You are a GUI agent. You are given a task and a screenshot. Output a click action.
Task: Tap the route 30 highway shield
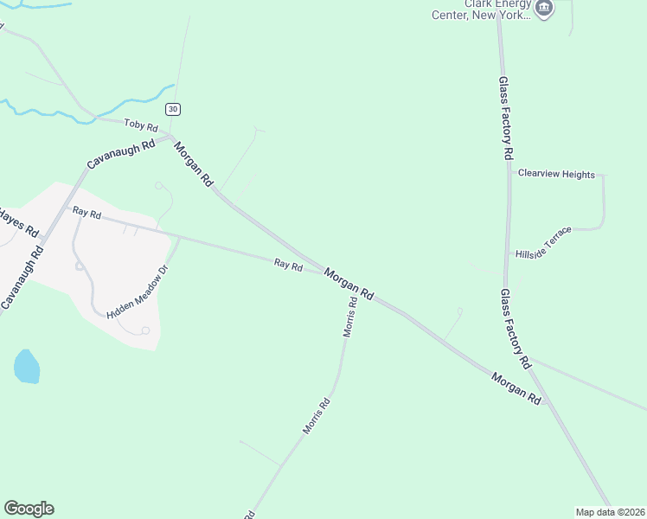pyautogui.click(x=174, y=108)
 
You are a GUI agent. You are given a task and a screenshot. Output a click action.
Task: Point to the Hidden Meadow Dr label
pyautogui.click(x=137, y=292)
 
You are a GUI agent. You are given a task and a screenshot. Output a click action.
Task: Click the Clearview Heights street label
pyautogui.click(x=556, y=174)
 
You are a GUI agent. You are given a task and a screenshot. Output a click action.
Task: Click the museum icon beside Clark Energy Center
pyautogui.click(x=544, y=10)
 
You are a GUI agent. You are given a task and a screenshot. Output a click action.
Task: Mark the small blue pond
pyautogui.click(x=27, y=367)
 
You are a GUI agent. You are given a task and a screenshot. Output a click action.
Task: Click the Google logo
pyautogui.click(x=29, y=509)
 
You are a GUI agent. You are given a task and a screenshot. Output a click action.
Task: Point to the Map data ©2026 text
pyautogui.click(x=610, y=511)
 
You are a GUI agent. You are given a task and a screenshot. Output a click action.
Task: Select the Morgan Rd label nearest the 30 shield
pyautogui.click(x=193, y=164)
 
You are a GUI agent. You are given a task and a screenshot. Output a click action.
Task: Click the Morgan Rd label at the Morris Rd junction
pyautogui.click(x=349, y=284)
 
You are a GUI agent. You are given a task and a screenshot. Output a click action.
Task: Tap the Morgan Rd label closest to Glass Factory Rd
pyautogui.click(x=516, y=388)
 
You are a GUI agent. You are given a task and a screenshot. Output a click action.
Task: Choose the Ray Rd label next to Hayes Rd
pyautogui.click(x=87, y=212)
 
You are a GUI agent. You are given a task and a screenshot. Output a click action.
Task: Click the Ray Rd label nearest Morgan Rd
pyautogui.click(x=288, y=266)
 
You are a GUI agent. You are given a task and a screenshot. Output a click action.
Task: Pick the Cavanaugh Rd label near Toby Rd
pyautogui.click(x=120, y=153)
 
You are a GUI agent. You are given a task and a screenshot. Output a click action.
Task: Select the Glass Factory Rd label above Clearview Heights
pyautogui.click(x=506, y=117)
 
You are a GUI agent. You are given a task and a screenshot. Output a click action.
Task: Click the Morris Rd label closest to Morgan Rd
pyautogui.click(x=350, y=317)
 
